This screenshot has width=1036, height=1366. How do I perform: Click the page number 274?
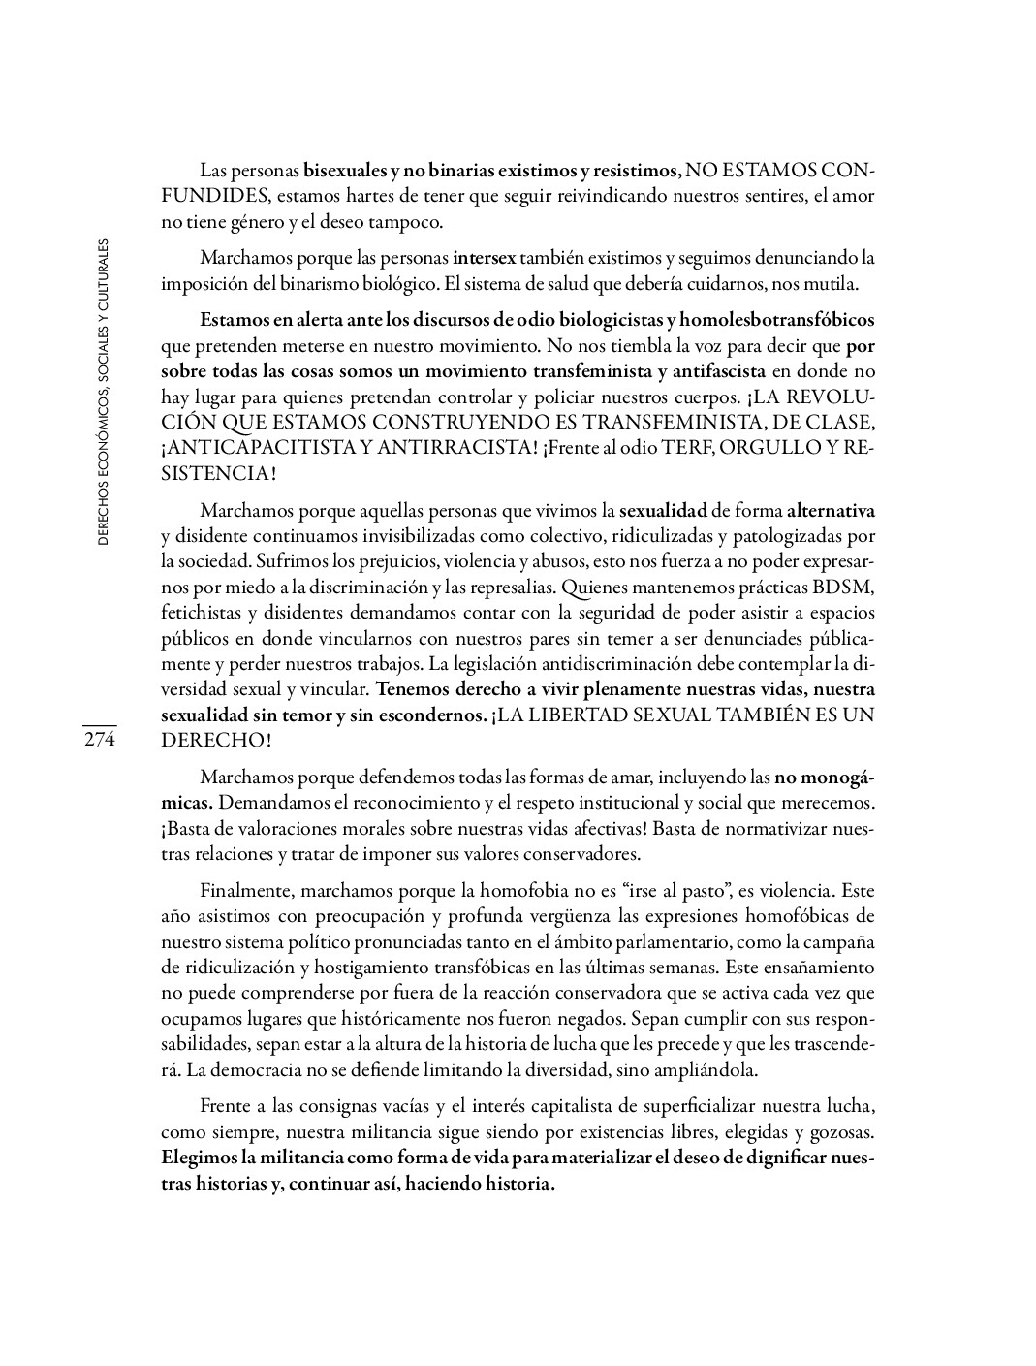pyautogui.click(x=99, y=740)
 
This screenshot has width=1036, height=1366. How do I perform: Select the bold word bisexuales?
pyautogui.click(x=345, y=171)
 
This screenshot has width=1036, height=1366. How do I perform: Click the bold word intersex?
pyautogui.click(x=485, y=259)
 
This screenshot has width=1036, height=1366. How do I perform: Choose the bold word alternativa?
pyautogui.click(x=831, y=510)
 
